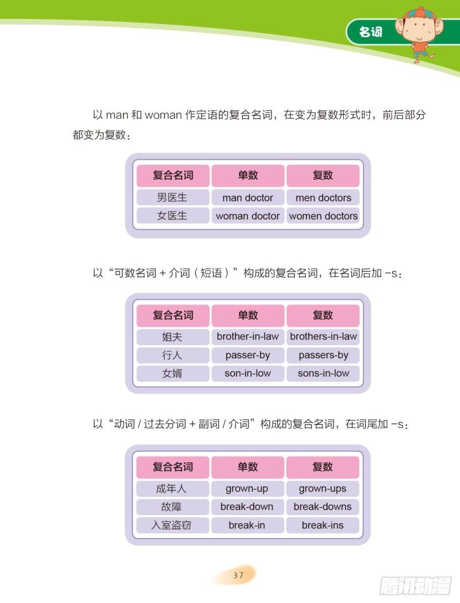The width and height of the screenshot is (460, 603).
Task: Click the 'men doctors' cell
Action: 323,198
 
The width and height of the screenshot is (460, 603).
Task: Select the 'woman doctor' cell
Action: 247,216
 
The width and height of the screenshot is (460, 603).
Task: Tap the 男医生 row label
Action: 172,198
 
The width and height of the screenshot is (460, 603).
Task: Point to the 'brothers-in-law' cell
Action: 323,337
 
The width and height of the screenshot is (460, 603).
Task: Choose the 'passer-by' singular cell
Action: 247,355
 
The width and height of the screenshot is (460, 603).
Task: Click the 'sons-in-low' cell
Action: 323,373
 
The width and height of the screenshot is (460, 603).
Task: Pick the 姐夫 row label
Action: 172,337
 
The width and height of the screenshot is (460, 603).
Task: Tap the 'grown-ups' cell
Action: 323,488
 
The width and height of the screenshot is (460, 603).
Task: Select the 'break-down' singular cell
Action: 247,507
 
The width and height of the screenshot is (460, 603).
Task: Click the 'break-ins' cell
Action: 323,525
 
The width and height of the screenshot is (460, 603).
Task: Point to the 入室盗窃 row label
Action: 172,525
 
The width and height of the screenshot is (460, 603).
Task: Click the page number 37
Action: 238,575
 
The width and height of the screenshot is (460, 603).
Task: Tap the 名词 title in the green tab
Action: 371,32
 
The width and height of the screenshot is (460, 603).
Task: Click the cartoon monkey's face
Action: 419,29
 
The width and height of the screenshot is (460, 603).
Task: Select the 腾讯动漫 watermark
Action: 415,586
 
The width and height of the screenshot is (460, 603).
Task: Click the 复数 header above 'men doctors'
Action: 323,175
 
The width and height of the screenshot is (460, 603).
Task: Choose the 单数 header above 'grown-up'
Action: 247,467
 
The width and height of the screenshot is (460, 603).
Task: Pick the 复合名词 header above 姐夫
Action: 172,315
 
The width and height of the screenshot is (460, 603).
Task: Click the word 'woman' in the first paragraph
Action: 163,115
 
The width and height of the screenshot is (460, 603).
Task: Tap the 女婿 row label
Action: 172,373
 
